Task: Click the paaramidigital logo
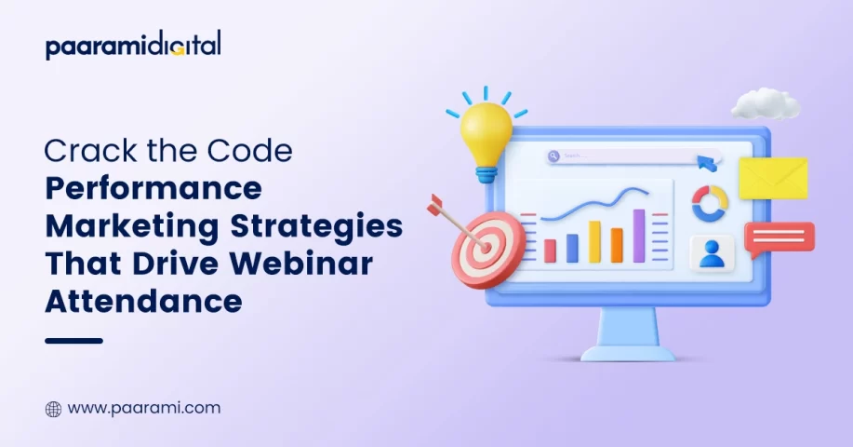(133, 45)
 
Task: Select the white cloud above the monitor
(766, 104)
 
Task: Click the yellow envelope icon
(773, 178)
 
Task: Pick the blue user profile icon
(712, 253)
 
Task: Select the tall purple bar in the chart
(639, 236)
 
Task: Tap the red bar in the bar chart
(550, 251)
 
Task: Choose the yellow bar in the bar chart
(594, 242)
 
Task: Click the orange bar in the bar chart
(617, 246)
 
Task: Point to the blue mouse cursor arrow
(707, 163)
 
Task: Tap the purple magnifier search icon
(553, 156)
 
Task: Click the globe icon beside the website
(53, 410)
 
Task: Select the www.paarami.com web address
(144, 408)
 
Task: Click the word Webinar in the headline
(301, 263)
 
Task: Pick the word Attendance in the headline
(143, 301)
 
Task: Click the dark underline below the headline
(74, 341)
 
